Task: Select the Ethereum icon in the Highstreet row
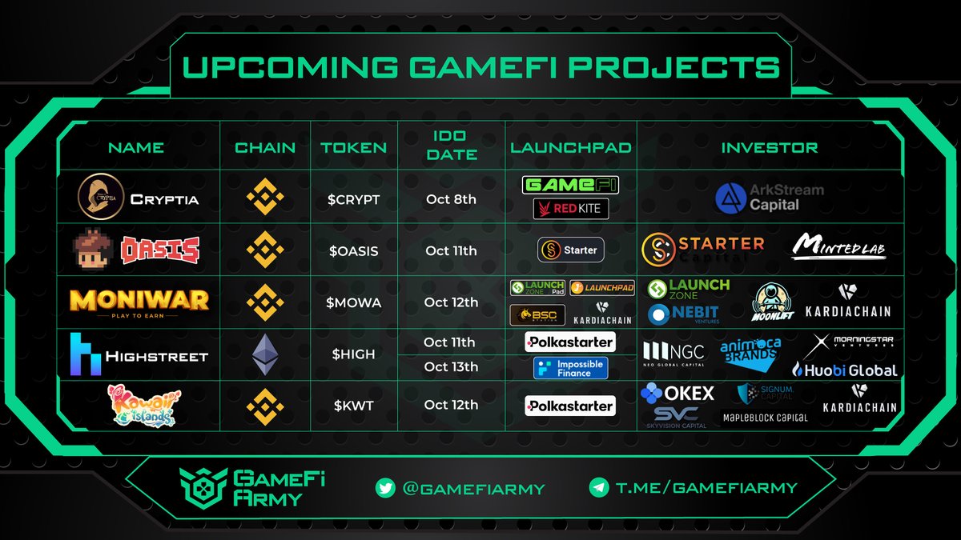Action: pyautogui.click(x=264, y=354)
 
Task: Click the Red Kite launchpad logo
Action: pyautogui.click(x=571, y=210)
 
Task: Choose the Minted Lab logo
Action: pyautogui.click(x=838, y=246)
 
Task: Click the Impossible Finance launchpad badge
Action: pyautogui.click(x=570, y=368)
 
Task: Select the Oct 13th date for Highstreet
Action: pyautogui.click(x=451, y=367)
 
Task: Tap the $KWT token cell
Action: pyautogui.click(x=353, y=405)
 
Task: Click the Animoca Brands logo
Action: pyautogui.click(x=750, y=354)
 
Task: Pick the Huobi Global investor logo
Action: pyautogui.click(x=844, y=370)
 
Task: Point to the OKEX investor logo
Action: pyautogui.click(x=678, y=394)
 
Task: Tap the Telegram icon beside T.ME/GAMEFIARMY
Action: pyautogui.click(x=597, y=487)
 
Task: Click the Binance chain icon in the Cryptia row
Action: pyautogui.click(x=264, y=197)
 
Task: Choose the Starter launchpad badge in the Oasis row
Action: pyautogui.click(x=570, y=250)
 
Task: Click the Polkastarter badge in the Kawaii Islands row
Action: pyautogui.click(x=570, y=406)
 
